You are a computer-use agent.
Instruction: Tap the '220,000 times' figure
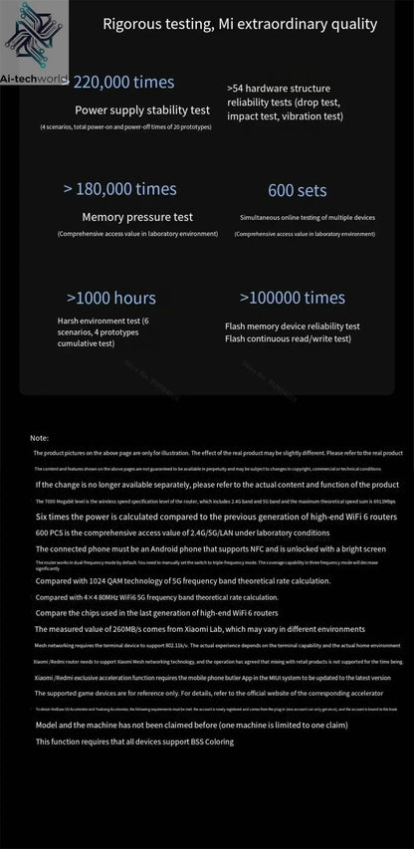coord(124,83)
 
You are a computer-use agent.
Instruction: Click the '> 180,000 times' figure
coord(120,189)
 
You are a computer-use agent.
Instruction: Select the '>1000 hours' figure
coord(111,298)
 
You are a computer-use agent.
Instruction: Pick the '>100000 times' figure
coord(293,298)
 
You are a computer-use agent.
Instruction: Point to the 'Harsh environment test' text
coord(103,320)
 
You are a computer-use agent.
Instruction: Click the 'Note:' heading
coord(40,438)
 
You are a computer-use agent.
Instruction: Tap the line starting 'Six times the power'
coord(216,518)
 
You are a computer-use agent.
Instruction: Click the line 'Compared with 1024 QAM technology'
coord(182,580)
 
